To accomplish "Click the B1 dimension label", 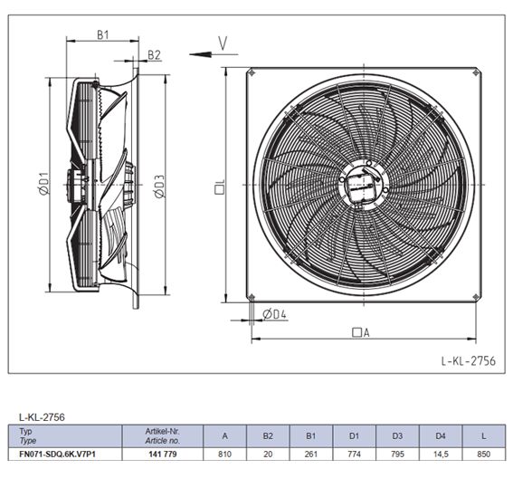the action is point(103,34).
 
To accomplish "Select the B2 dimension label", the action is point(154,54).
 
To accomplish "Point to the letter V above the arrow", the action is point(223,43).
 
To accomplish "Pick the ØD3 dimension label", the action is point(159,187).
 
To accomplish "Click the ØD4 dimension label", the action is point(274,314).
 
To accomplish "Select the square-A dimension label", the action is point(360,332).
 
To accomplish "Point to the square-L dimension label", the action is point(220,187).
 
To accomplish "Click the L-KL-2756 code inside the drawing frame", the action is point(468,360).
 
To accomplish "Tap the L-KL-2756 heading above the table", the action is point(42,417).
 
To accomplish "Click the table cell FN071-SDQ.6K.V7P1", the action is point(58,455).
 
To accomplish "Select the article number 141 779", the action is point(163,455).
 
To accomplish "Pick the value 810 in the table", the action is point(224,455).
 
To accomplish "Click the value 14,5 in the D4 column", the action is point(441,455).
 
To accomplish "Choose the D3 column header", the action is point(397,436).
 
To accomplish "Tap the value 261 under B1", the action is point(311,455).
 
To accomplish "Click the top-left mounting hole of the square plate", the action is point(252,73).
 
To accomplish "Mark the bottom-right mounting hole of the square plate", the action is point(476,297).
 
